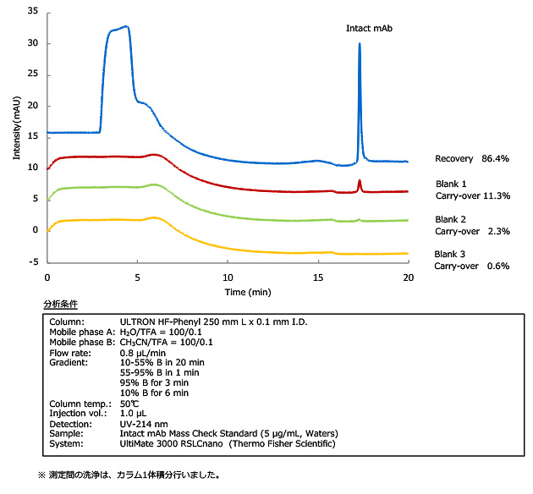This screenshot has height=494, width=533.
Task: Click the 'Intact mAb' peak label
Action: (369, 29)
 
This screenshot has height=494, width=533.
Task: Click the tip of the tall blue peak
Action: (360, 44)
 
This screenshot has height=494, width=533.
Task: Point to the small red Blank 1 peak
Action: (360, 182)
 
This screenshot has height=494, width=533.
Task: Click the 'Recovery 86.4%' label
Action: (475, 158)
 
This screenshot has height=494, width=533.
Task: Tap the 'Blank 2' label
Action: (451, 218)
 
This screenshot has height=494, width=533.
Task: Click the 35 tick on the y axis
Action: (33, 12)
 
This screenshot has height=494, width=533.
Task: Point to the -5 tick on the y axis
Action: (35, 261)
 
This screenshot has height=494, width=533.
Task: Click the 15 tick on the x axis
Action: (317, 277)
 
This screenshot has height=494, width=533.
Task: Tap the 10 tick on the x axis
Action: (228, 277)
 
